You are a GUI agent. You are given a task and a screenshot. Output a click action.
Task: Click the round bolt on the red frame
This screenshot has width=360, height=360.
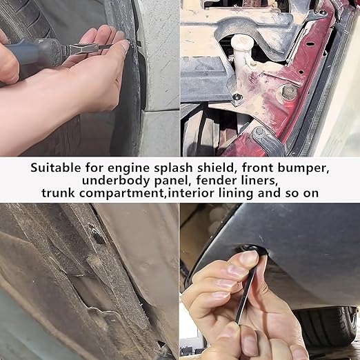pos(290,92)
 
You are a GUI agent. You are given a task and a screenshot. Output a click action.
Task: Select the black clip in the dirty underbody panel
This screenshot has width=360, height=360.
pos(97,236)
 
